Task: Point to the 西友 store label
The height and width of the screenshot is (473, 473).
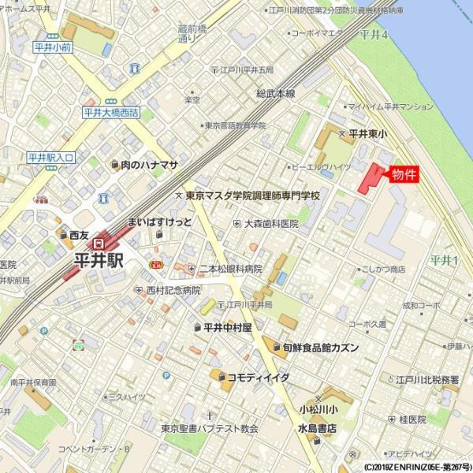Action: [x=79, y=234]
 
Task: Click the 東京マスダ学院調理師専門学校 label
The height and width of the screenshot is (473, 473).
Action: [x=252, y=195]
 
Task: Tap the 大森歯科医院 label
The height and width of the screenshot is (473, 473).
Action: [x=270, y=224]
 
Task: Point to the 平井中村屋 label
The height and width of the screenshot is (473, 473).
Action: [x=227, y=326]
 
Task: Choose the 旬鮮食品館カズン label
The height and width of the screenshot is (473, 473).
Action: [x=320, y=347]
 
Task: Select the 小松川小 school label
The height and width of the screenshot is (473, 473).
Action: [x=318, y=409]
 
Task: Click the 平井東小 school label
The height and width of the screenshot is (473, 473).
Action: [x=367, y=134]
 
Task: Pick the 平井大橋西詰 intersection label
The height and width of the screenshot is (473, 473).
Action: [x=110, y=113]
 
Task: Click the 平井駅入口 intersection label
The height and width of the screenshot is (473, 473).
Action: [x=50, y=158]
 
